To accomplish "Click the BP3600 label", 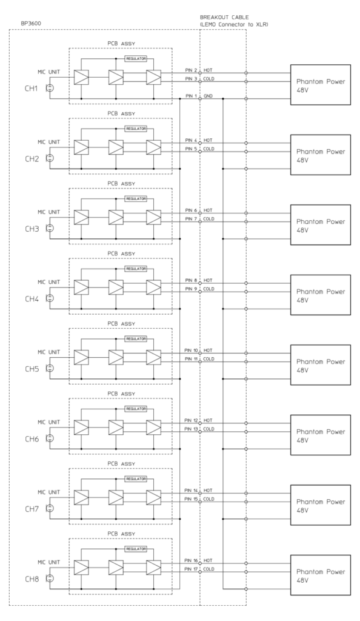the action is pos(30,24).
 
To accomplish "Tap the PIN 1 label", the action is pos(192,96).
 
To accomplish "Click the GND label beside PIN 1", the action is pos(208,96).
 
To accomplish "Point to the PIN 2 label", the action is pos(192,70).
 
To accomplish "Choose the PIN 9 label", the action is pos(192,289).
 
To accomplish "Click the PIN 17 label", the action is pos(192,569).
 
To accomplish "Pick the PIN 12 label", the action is pos(192,420).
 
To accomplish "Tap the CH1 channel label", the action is pos(32,89).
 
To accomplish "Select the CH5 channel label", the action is pos(32,369).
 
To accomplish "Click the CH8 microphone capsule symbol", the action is pos(50,579).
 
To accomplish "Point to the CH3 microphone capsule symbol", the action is pos(50,229).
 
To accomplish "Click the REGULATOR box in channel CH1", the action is pos(136,59).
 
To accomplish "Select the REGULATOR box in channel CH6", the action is pos(136,409).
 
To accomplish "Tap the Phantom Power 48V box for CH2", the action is pos(321,155).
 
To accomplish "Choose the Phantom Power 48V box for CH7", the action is pos(321,505).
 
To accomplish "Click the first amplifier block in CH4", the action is pos(81,287).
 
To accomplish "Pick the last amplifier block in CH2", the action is pos(153,147).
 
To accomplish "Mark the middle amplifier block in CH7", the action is pos(116,497).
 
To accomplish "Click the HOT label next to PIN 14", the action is pos(208,490).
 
